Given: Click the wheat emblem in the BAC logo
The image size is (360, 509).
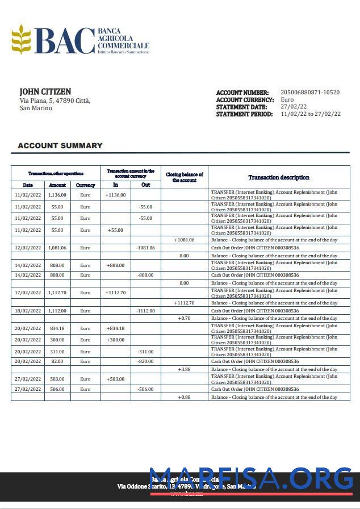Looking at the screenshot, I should pos(21,39).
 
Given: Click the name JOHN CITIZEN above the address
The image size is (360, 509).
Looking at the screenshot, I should pos(45,91).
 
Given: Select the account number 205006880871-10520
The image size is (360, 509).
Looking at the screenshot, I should pos(310,92).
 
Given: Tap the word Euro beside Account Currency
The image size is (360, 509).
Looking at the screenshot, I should pos(287,99).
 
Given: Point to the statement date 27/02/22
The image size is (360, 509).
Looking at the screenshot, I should pos(294,107).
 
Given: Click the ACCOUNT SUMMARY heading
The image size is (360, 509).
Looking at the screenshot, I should pos(60,145).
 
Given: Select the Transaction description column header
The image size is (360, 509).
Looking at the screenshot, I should pos(279,177).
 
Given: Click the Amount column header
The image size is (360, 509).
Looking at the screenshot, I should pos(57,185).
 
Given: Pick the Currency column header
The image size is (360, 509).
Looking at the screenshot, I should pos(85,185).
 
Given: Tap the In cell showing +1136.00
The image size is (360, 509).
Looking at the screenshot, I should pos(115,194).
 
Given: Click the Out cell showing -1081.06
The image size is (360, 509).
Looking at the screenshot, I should pos(145,248).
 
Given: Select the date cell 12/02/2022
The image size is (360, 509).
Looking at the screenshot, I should pos(28,248).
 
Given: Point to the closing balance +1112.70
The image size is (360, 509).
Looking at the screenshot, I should pos(184,303).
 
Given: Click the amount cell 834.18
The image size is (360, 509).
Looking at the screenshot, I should pos(57,328).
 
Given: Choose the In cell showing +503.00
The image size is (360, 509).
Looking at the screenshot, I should pos(115,379).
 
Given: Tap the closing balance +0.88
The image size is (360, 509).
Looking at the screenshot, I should pos(184,397).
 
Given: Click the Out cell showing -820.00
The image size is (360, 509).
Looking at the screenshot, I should pos(145,361).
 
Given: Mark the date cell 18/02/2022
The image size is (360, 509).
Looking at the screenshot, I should pos(28,311).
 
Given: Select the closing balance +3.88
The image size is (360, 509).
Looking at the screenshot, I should pos(184,369).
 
